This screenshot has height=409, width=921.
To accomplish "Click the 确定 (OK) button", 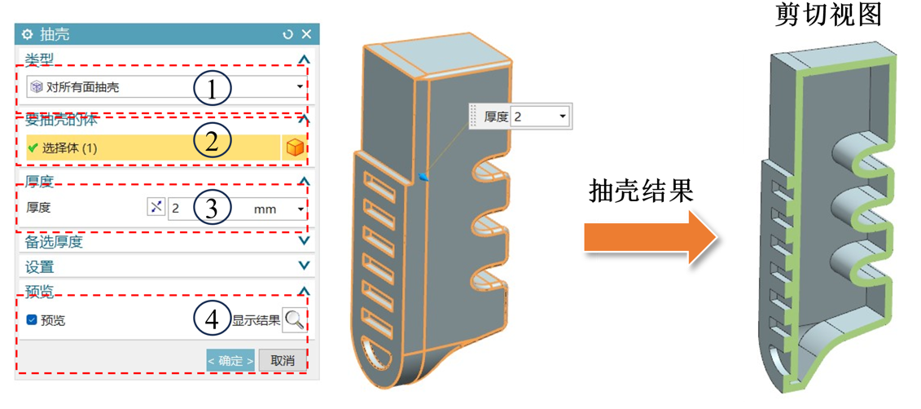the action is click(230, 360).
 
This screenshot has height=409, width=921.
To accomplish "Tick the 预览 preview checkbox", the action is click(32, 320).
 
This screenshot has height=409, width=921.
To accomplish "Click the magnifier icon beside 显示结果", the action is click(295, 320).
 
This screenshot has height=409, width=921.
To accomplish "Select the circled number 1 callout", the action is click(212, 89).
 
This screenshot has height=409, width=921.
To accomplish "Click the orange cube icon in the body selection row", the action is click(296, 148).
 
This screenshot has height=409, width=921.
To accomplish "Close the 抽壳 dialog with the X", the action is click(307, 34).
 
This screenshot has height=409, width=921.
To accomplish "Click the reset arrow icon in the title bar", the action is click(287, 34).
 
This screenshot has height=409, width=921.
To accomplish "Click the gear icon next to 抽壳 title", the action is click(27, 34).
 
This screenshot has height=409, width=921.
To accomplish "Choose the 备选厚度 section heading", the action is click(54, 242).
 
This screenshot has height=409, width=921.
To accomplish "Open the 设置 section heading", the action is click(39, 266).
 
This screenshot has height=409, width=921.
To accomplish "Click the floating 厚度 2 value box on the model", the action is click(521, 117).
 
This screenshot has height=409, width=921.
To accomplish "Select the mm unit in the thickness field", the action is click(265, 209).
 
